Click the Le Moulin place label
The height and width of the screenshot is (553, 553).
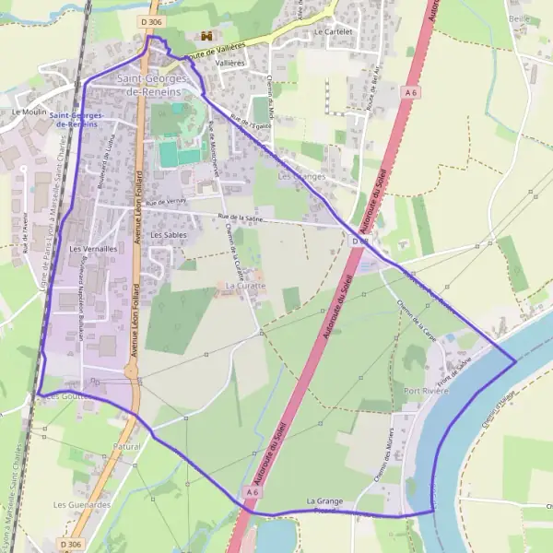pos(29,111)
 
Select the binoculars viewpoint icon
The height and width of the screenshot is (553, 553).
pos(207,35)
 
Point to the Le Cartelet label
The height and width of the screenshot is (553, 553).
pos(333,30)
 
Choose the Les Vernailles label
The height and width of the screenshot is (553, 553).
pos(93,249)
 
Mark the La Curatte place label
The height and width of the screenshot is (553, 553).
pos(244,286)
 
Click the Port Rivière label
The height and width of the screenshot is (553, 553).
pos(426,392)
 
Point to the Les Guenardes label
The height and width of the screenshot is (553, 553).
pos(82,505)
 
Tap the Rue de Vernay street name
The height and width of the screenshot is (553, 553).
pos(166,203)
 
